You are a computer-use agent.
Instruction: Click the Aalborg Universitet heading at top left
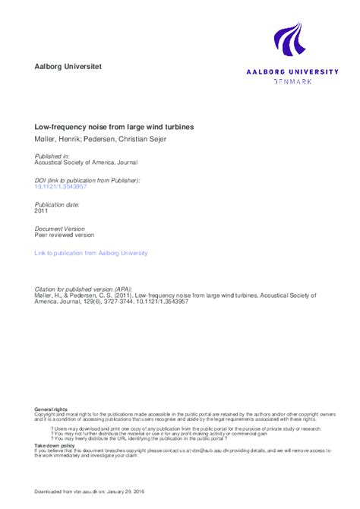(68, 67)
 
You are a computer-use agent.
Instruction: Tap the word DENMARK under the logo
(292, 81)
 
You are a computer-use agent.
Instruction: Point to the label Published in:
(52, 156)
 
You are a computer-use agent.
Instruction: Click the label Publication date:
(58, 205)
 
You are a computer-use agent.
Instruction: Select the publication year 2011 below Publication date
(43, 212)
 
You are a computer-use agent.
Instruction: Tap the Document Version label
(60, 229)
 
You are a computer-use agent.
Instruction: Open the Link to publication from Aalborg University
(91, 253)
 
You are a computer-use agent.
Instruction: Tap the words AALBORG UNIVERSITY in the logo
(292, 71)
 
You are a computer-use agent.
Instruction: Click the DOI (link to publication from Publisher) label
(87, 180)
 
